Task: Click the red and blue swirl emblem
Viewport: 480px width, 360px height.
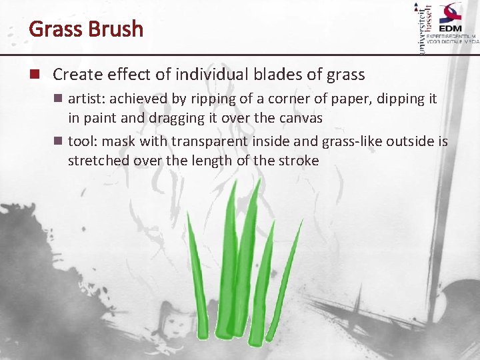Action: coord(450,13)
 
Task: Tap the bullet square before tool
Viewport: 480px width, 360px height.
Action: coord(58,141)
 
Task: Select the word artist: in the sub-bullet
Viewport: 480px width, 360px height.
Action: coord(87,99)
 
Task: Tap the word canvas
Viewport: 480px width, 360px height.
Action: coord(298,118)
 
